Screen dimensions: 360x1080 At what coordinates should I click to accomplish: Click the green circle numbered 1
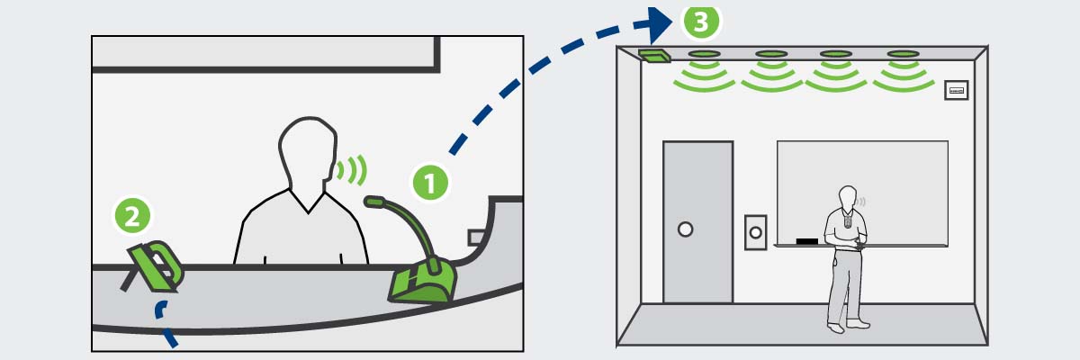430,183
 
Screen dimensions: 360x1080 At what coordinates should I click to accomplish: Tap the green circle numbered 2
131,216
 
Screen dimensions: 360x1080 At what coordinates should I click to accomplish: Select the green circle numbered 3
702,20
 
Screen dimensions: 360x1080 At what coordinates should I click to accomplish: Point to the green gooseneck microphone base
423,283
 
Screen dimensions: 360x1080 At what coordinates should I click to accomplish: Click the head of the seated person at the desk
306,153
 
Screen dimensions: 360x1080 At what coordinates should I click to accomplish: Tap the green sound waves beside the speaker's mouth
353,168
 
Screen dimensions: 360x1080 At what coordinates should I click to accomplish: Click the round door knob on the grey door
685,229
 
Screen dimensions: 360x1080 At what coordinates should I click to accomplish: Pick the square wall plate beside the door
755,232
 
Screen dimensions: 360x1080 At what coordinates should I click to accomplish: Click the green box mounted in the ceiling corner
655,56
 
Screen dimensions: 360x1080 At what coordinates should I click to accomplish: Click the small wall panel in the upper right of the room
955,90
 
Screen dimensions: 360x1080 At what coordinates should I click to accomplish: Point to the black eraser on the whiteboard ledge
807,241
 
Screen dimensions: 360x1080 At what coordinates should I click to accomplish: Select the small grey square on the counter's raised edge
475,237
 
